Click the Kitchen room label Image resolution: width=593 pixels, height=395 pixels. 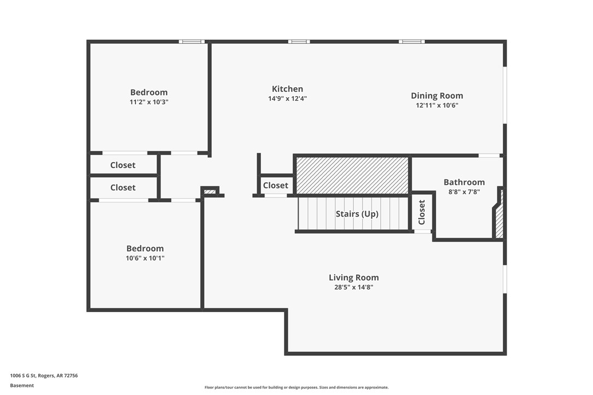(287, 89)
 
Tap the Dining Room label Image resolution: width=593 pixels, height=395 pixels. (437, 95)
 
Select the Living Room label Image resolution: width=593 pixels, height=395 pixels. (353, 277)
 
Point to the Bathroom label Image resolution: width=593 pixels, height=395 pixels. (464, 182)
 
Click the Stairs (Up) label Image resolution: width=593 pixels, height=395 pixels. (357, 214)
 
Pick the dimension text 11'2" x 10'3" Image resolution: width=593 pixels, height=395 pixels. (149, 102)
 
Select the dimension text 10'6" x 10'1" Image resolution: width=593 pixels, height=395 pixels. (145, 258)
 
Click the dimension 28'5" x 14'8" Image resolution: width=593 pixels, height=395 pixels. (353, 287)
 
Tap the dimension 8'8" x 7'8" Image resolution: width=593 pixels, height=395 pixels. (464, 192)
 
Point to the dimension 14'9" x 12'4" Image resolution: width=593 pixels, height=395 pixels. (287, 99)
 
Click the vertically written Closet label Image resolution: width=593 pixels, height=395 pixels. (422, 212)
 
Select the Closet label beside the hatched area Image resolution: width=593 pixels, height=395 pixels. (275, 185)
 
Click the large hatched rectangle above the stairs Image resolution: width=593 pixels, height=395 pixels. (352, 175)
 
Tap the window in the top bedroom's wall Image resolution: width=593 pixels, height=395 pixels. (191, 41)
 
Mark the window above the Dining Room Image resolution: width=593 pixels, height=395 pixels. (411, 41)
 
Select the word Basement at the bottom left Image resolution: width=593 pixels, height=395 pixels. (22, 385)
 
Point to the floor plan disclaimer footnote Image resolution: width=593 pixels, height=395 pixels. (296, 387)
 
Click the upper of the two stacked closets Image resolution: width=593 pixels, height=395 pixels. (123, 165)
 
